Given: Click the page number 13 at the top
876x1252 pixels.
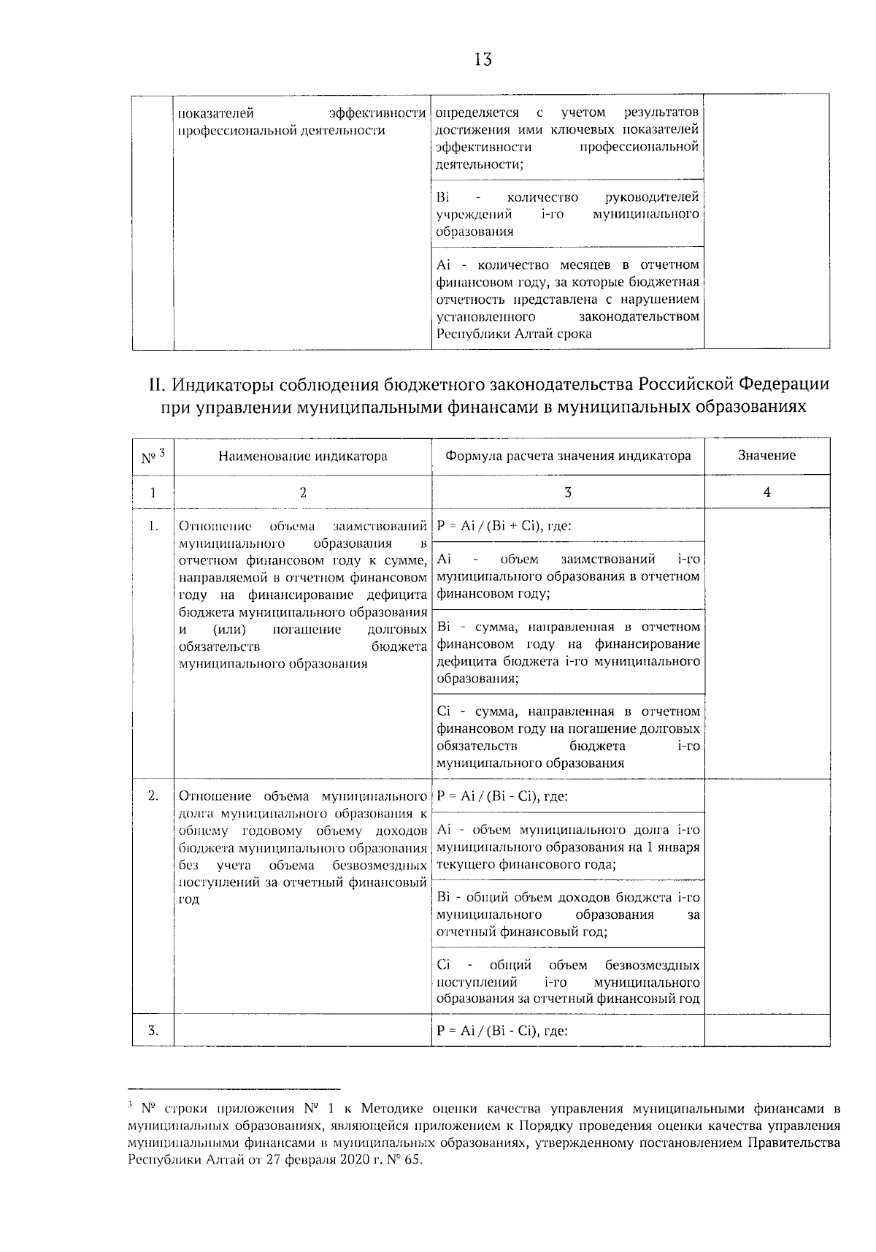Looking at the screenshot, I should pyautogui.click(x=483, y=60).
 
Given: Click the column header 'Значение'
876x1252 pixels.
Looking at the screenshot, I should pyautogui.click(x=766, y=456).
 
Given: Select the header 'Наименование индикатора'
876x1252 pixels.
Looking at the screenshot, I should pyautogui.click(x=302, y=457).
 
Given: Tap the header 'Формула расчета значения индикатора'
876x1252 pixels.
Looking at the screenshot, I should pyautogui.click(x=568, y=456).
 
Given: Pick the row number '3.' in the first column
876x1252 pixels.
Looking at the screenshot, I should pyautogui.click(x=153, y=1031).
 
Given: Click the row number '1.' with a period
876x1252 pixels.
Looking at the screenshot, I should pyautogui.click(x=153, y=526).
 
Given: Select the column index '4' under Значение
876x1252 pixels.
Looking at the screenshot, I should pyautogui.click(x=766, y=492).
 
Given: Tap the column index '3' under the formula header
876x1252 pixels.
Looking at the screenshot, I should pyautogui.click(x=568, y=492).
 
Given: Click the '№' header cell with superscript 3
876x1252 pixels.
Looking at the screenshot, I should pyautogui.click(x=153, y=457).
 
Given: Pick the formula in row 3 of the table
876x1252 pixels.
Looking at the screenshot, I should pyautogui.click(x=502, y=1031).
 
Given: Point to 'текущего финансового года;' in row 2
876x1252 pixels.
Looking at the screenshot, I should pyautogui.click(x=526, y=865).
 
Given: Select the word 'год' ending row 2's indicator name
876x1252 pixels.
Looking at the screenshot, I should pyautogui.click(x=189, y=900).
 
